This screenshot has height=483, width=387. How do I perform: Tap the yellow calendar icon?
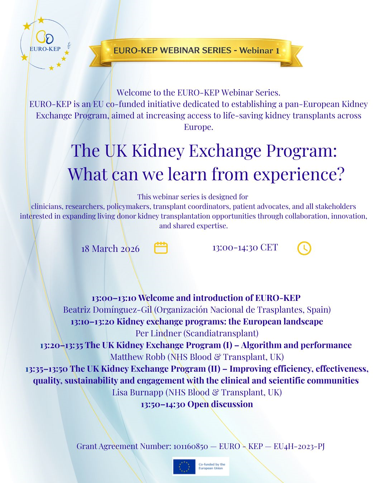[x=161, y=248]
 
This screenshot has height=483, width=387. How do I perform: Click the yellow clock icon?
[x=304, y=248]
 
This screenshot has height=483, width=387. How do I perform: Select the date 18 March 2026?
[x=110, y=249]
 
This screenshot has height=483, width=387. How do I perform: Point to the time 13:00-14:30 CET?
[x=245, y=247]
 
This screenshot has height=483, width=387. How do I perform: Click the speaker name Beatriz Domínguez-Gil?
[x=107, y=310]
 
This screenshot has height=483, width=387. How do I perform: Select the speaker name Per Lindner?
[x=158, y=333]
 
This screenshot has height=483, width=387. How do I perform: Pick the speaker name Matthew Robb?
[x=138, y=357]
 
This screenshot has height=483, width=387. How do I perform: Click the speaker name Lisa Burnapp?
[x=138, y=392]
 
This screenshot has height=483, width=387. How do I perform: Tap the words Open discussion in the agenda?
[x=220, y=404]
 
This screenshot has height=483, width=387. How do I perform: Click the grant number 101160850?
[x=191, y=446]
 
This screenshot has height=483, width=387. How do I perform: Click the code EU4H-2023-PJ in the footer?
[x=299, y=447]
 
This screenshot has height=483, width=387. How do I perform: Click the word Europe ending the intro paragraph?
[x=199, y=127]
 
